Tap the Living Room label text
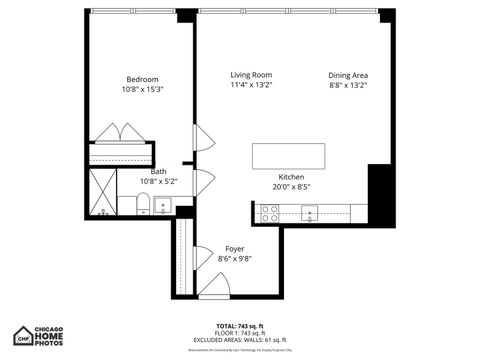pyautogui.click(x=251, y=75)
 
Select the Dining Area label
pyautogui.click(x=348, y=75)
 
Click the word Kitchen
pyautogui.click(x=292, y=175)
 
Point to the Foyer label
pyautogui.click(x=234, y=249)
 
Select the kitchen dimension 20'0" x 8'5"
pyautogui.click(x=292, y=185)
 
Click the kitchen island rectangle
pyautogui.click(x=289, y=155)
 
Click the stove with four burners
pyautogui.click(x=269, y=212)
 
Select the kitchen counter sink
pyautogui.click(x=310, y=212)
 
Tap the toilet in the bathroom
pyautogui.click(x=142, y=205)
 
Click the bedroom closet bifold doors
pyautogui.click(x=120, y=135)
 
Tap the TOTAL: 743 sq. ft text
pyautogui.click(x=239, y=326)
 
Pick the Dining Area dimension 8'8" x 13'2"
pyautogui.click(x=348, y=86)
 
